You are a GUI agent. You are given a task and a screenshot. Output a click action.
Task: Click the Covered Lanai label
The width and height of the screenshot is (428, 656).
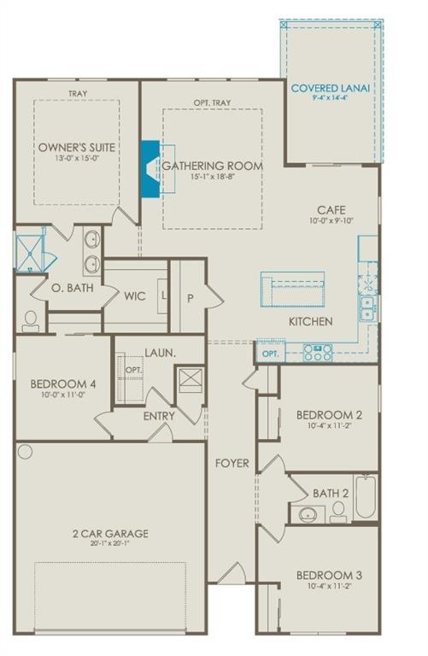coord(329,88)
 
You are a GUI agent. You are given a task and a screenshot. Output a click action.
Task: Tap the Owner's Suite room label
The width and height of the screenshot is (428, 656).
coord(76,147)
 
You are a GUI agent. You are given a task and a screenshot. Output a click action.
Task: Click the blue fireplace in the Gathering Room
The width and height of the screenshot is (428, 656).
coord(151,169)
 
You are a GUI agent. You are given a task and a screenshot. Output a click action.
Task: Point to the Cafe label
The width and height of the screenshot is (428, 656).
coord(331,209)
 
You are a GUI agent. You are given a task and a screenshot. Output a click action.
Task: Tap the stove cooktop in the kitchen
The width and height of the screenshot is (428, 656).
coord(317,352)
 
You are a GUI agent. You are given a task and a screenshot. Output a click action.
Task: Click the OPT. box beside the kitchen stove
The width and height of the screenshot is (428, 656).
coord(270,353)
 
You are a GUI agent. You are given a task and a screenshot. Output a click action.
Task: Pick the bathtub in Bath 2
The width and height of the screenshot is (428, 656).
coord(366,498)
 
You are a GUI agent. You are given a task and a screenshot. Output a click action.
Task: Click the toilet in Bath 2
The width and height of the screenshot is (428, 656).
coord(338,511)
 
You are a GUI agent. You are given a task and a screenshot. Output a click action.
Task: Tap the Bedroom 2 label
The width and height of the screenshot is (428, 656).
coord(329,415)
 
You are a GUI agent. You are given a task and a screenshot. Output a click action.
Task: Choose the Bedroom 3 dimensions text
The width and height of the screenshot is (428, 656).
coord(329,587)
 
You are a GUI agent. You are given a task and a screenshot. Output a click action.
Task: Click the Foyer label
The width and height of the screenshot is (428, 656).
coord(232,464)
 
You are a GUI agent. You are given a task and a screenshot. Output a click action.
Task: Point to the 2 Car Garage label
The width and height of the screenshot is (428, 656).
coord(110,534)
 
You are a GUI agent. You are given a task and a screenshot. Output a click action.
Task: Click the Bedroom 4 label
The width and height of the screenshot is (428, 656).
coord(62,384)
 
